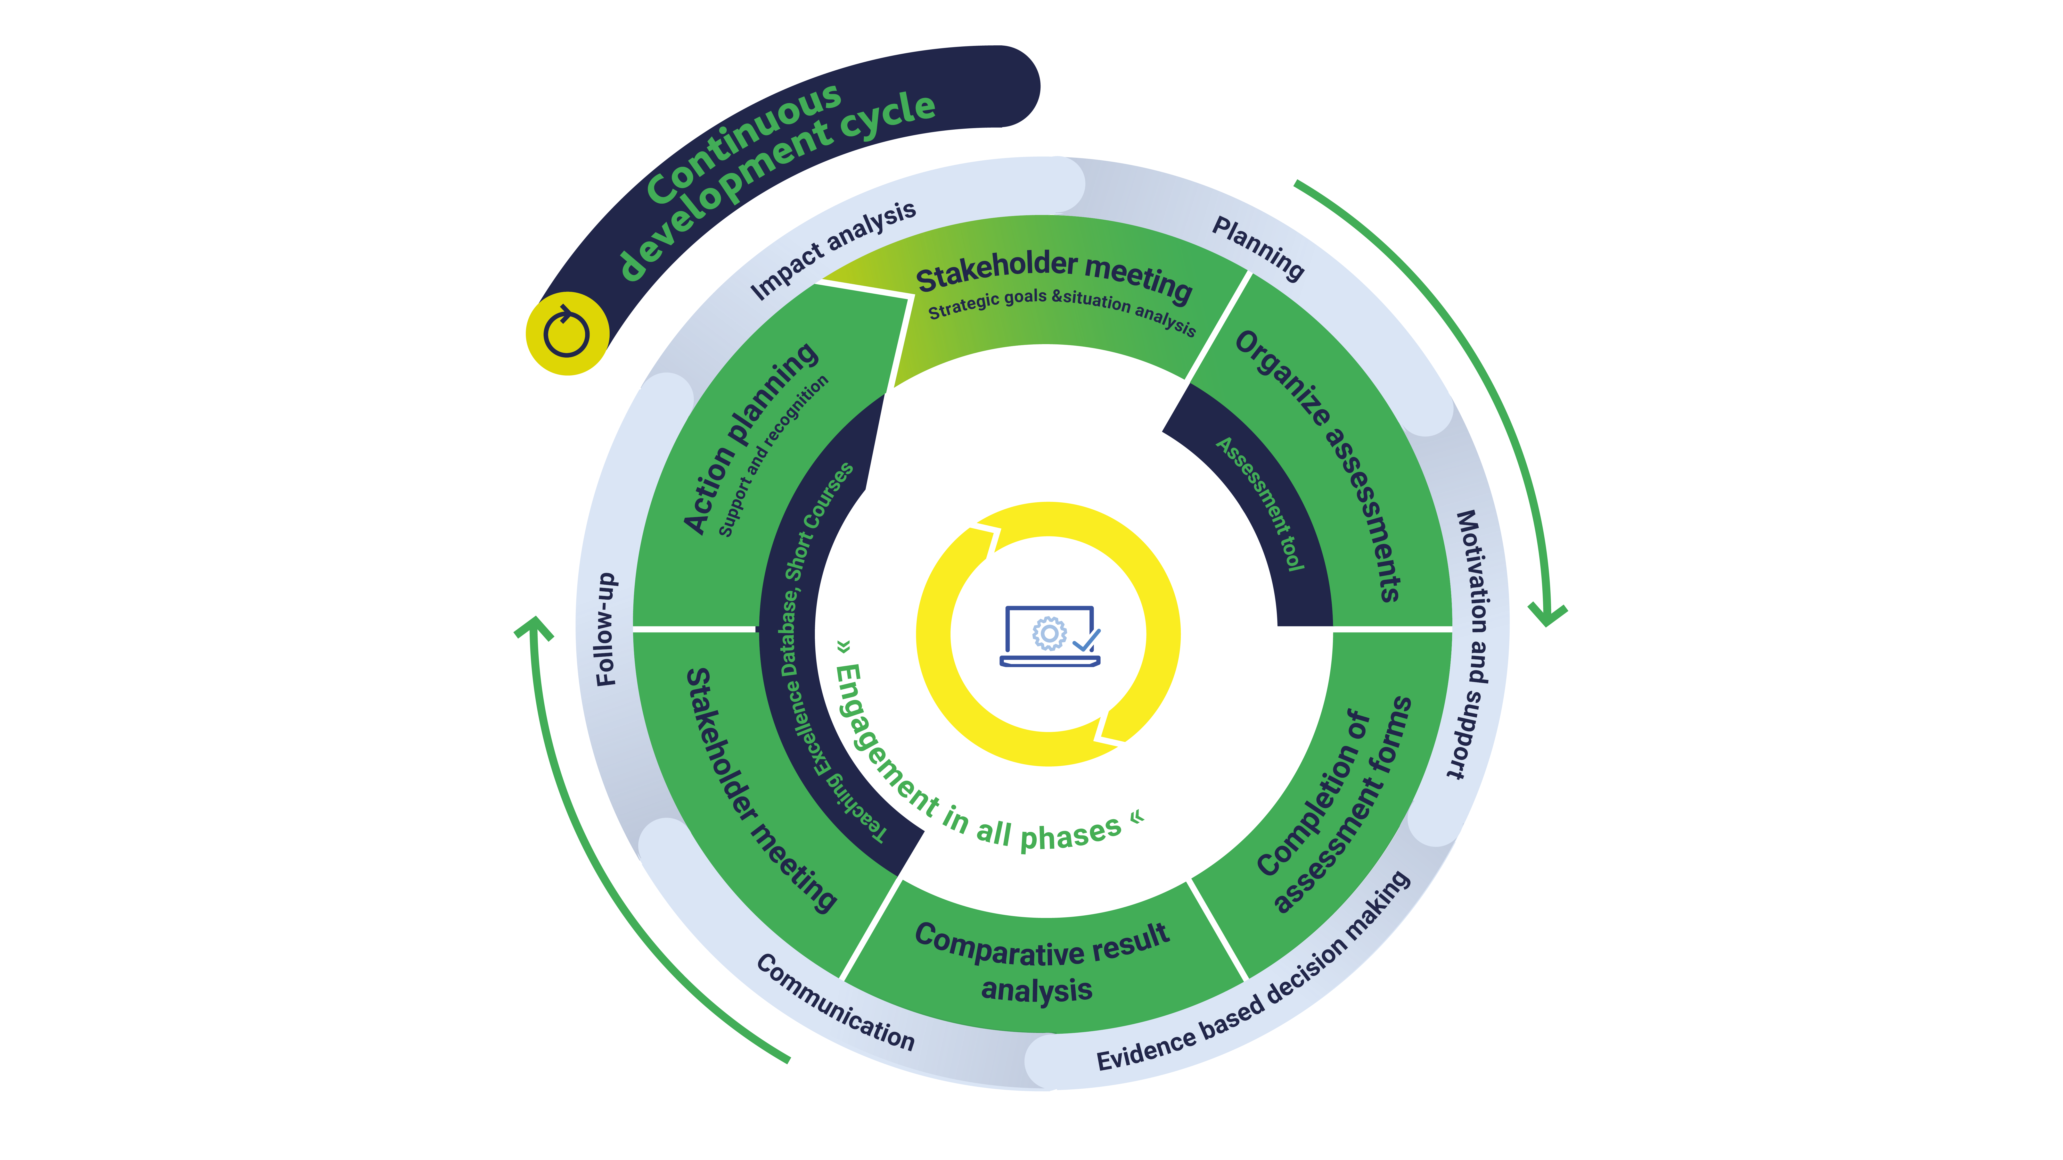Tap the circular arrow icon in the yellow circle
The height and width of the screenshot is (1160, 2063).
click(x=567, y=333)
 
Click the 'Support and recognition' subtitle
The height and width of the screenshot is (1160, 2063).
click(x=773, y=456)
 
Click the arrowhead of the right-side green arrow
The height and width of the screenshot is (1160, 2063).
click(x=1547, y=616)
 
